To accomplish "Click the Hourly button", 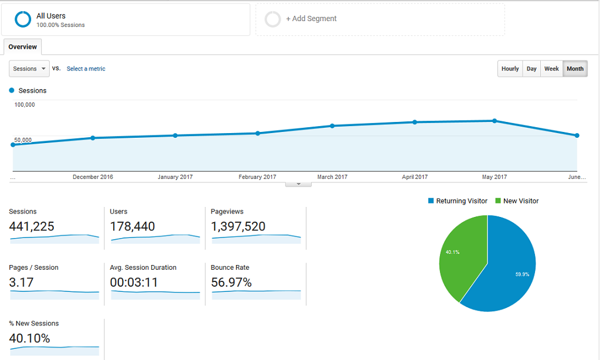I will tap(510, 69).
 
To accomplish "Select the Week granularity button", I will tap(551, 69).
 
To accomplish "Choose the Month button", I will tap(575, 69).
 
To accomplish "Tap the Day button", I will tap(531, 69).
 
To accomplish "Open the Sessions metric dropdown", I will tap(29, 69).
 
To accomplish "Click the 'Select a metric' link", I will tap(86, 69).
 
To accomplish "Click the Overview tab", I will tap(22, 47).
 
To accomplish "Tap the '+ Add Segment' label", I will tap(311, 19).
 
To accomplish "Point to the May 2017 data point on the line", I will tap(495, 121).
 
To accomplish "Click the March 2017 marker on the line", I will tap(332, 125).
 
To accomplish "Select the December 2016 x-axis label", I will tap(93, 177).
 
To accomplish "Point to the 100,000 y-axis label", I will tap(25, 105).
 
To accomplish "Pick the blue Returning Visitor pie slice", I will tap(510, 270).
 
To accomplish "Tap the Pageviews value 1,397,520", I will tap(238, 226).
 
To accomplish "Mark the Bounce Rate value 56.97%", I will tap(231, 283).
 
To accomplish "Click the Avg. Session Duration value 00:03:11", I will tap(134, 283).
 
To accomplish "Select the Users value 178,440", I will tap(132, 226).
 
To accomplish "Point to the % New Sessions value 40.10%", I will tap(30, 338).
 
